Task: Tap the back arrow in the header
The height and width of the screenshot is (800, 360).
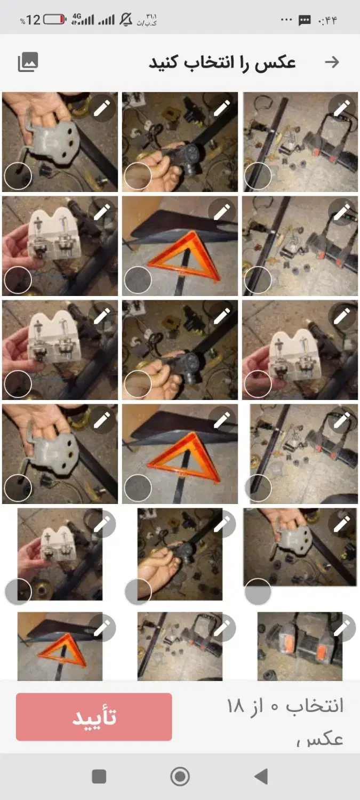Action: pos(332,62)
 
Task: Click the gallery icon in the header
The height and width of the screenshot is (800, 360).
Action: pos(28,62)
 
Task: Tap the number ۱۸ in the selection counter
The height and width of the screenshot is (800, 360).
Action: pos(235,706)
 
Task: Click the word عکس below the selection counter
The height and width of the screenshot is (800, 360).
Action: pos(325,739)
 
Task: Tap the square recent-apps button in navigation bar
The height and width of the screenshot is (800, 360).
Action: pos(99,776)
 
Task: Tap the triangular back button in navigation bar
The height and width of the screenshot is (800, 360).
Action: pos(261,776)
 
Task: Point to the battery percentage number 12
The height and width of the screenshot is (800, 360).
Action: pos(33,20)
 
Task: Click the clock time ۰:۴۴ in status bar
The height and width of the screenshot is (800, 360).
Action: pos(327,20)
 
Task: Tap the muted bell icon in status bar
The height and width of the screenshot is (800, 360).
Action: pos(126,19)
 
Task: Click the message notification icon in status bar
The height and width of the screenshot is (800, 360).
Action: pos(305,20)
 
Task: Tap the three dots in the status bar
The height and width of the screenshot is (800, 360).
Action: pos(286,20)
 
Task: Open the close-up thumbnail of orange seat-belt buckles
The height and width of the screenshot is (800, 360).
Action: pos(300,646)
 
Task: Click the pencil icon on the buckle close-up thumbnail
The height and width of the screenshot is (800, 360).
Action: pos(342,628)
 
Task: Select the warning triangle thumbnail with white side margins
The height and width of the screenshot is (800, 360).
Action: pos(60,646)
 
